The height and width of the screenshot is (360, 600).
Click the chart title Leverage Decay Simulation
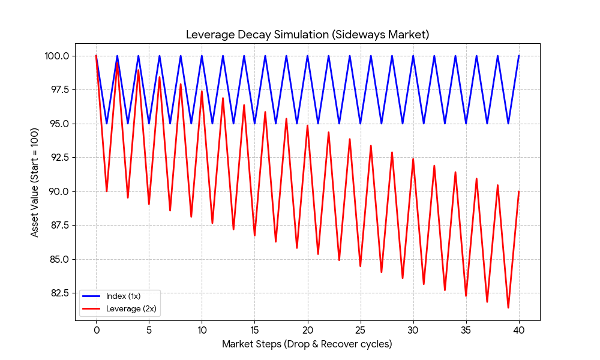coord(307,34)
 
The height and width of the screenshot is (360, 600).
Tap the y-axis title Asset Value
coord(35,182)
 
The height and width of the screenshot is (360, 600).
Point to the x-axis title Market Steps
coord(307,344)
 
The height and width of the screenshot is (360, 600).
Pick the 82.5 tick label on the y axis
coord(59,293)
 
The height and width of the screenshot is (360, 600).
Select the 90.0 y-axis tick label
coord(59,191)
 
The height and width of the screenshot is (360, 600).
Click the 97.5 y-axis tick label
coord(59,89)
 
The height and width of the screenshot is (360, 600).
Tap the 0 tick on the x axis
coord(96,329)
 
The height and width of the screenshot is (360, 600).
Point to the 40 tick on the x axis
coord(518,329)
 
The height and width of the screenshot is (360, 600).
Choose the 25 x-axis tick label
coord(360,329)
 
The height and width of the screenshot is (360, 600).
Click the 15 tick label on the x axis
coord(254,329)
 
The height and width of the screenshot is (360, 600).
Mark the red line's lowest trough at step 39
coord(508,308)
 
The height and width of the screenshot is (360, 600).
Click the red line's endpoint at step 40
coord(518,191)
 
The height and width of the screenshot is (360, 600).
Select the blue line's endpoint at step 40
coord(518,56)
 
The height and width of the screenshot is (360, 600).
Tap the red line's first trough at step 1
coord(107,191)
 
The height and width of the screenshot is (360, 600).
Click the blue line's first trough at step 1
coord(107,124)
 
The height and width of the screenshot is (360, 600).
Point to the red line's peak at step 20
coord(307,125)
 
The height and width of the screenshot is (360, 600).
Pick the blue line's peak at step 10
coord(202,56)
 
